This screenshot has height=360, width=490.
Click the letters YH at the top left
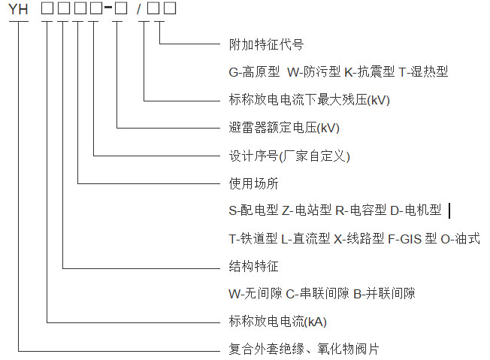tap(18, 11)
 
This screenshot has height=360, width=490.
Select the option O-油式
tap(460, 239)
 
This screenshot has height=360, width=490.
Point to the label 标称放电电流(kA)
tap(278, 322)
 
